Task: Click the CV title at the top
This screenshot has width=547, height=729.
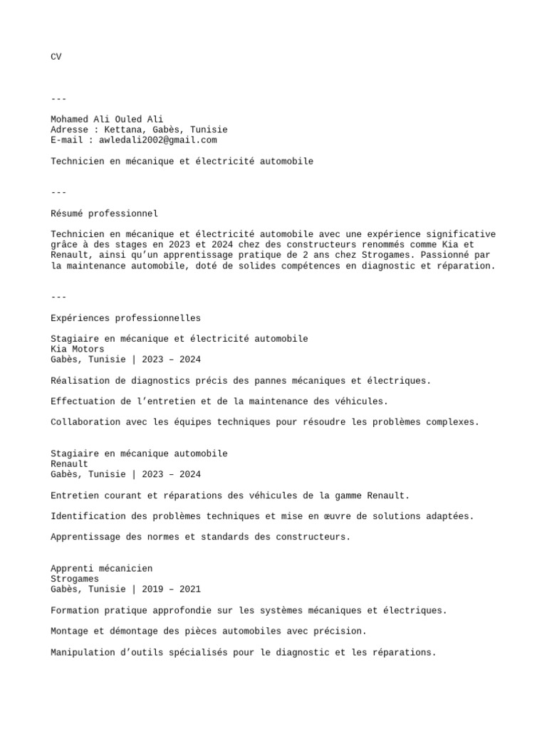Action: pyautogui.click(x=56, y=57)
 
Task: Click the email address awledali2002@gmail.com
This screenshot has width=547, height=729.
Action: pyautogui.click(x=157, y=140)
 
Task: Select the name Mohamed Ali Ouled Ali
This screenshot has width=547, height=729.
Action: pyautogui.click(x=107, y=120)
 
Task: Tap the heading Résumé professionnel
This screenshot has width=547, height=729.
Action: pyautogui.click(x=104, y=214)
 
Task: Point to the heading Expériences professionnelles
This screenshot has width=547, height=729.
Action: pyautogui.click(x=125, y=318)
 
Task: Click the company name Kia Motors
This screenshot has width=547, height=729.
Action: pyautogui.click(x=78, y=350)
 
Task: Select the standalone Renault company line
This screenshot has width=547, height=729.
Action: pyautogui.click(x=70, y=464)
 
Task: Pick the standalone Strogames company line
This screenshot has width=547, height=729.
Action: pyautogui.click(x=75, y=579)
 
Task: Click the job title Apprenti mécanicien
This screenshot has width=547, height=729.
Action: pyautogui.click(x=101, y=569)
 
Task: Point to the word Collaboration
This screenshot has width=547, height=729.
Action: pyautogui.click(x=85, y=422)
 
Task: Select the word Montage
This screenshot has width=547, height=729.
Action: pyautogui.click(x=70, y=631)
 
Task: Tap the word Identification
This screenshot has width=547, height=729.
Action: pyautogui.click(x=88, y=516)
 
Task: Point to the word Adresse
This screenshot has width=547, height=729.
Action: pyautogui.click(x=70, y=130)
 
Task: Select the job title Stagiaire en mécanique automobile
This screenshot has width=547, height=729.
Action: pyautogui.click(x=139, y=454)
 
